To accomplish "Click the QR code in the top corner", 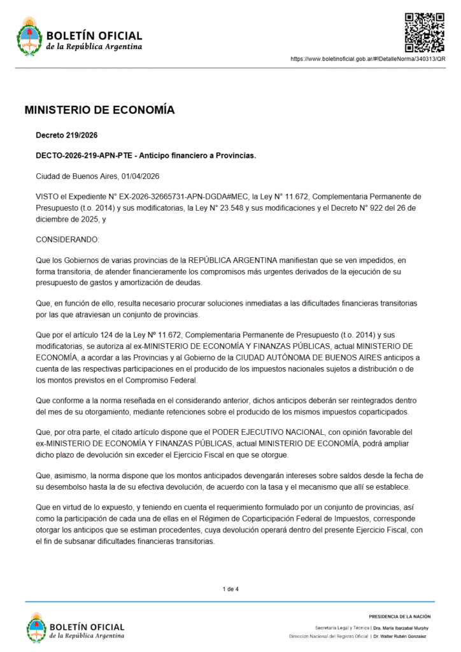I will coord(425,31).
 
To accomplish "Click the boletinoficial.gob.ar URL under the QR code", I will coord(367,59).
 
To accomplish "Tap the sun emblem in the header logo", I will coord(29,24).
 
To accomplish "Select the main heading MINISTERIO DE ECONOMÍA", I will coord(99,110).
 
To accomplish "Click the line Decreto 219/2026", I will coord(66,135).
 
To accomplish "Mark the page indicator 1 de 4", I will coord(230,589).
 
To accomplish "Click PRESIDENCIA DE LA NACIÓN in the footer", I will coord(399,616).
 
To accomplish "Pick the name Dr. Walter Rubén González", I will coord(401,636).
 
